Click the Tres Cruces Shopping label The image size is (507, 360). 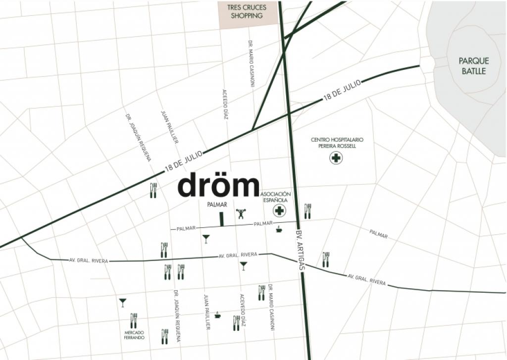coord(247,12)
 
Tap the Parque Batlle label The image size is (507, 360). coord(473,66)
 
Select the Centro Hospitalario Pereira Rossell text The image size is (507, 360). coord(334,143)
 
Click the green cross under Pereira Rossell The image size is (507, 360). coord(336,158)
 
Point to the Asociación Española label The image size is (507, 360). coord(275,197)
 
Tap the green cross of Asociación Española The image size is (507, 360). coord(280,211)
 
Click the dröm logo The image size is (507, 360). coord(218,185)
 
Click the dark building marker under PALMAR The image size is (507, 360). coord(222,219)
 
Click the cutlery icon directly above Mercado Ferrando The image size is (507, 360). coord(133,320)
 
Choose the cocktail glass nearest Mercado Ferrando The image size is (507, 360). coord(122,302)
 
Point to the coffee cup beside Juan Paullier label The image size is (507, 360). coord(217,314)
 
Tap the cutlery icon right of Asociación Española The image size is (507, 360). coord(307,211)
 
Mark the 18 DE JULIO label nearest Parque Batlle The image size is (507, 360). coord(342,91)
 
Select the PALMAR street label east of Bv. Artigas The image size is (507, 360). coord(378,235)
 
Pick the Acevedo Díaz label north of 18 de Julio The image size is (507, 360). coord(225,104)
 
